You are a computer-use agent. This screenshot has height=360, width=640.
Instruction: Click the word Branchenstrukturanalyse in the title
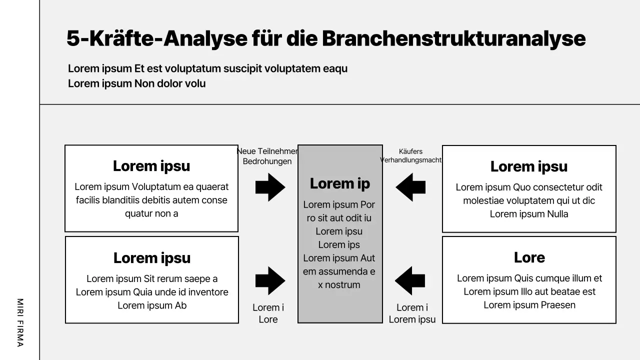453,38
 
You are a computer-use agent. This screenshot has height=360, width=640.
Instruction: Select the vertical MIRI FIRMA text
20,322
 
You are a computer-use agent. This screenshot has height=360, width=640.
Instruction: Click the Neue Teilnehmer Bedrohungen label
267,156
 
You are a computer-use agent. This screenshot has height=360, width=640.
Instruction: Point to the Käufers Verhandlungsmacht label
410,156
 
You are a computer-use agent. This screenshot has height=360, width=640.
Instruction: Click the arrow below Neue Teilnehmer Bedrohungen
270,187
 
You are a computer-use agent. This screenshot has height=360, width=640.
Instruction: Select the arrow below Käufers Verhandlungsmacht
410,187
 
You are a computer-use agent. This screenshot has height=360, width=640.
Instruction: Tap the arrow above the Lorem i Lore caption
270,281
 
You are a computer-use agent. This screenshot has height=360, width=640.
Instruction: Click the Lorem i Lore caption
268,313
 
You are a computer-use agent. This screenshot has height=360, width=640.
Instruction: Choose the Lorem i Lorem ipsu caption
412,313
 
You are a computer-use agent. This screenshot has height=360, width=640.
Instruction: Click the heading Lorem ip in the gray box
340,183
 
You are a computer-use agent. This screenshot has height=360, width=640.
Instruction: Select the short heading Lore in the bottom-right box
529,257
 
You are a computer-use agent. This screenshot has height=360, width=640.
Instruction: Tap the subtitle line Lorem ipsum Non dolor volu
136,83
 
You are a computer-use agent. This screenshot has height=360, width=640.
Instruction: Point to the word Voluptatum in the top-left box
156,186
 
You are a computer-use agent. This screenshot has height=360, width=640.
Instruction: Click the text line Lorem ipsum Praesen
529,305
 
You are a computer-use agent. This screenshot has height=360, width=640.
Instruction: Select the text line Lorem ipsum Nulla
529,214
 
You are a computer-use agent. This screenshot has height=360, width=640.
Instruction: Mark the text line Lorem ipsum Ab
152,305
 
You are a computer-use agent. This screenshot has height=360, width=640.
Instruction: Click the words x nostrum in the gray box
339,285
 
